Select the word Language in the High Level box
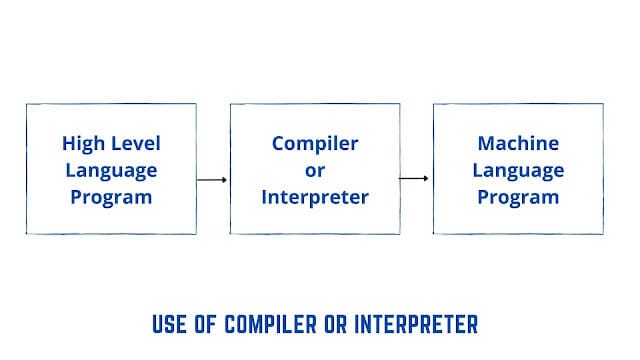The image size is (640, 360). coord(111,170)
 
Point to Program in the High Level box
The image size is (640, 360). coord(111,197)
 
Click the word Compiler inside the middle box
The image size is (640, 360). coord(315,143)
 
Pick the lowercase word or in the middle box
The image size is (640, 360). coord(315,170)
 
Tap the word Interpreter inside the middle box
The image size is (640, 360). coord(315,197)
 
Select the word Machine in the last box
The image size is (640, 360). coord(518,143)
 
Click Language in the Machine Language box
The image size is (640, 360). coord(518,170)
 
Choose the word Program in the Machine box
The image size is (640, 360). coord(518,197)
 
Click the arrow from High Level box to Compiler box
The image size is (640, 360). coord(212,180)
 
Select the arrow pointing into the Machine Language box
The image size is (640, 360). coord(415,179)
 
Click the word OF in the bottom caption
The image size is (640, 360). coord(212,326)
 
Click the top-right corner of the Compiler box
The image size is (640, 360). coord(400,103)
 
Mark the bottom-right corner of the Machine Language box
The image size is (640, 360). coord(604,235)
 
